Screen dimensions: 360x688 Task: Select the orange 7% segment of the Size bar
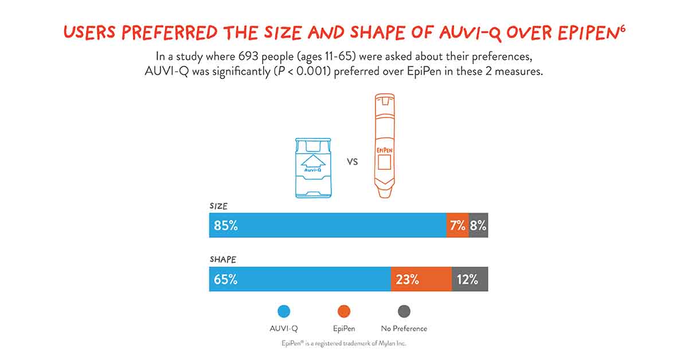click(x=457, y=226)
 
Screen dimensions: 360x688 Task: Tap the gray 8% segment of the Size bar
click(x=479, y=226)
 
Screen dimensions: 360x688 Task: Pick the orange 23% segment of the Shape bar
click(x=408, y=280)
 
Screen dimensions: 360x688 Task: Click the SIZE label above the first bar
click(x=218, y=205)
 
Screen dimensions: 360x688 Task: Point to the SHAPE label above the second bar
click(x=222, y=259)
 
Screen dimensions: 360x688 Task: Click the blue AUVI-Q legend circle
click(x=283, y=311)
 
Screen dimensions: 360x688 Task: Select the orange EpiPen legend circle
click(x=344, y=311)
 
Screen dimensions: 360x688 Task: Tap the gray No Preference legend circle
click(x=404, y=311)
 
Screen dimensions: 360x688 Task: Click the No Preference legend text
click(x=404, y=328)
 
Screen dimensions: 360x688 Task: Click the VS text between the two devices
click(x=353, y=162)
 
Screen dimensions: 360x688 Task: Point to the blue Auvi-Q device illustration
click(x=313, y=168)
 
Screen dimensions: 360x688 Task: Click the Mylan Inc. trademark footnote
click(x=344, y=343)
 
